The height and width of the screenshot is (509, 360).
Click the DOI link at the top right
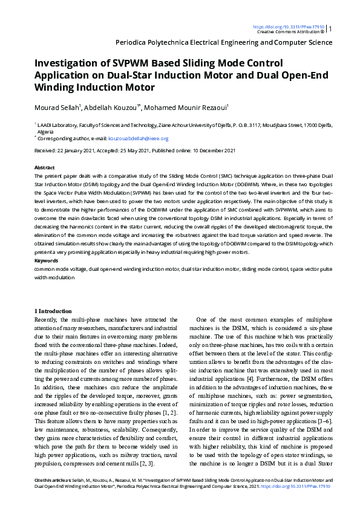click(288, 27)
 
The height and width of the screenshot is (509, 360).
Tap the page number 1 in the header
click(330, 28)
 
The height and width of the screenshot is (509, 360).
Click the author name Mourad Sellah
click(56, 107)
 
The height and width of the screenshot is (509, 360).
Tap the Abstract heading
click(45, 167)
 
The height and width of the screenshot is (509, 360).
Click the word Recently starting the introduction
click(47, 319)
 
